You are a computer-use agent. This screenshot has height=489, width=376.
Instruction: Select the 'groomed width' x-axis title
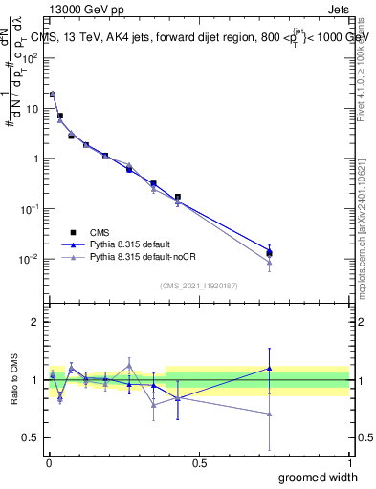tap(305, 477)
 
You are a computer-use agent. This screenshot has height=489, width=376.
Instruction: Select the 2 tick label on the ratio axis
tap(33, 322)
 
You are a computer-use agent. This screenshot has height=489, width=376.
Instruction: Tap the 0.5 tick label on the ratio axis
tap(30, 437)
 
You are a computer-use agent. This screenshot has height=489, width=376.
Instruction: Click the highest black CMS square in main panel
tap(53, 95)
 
